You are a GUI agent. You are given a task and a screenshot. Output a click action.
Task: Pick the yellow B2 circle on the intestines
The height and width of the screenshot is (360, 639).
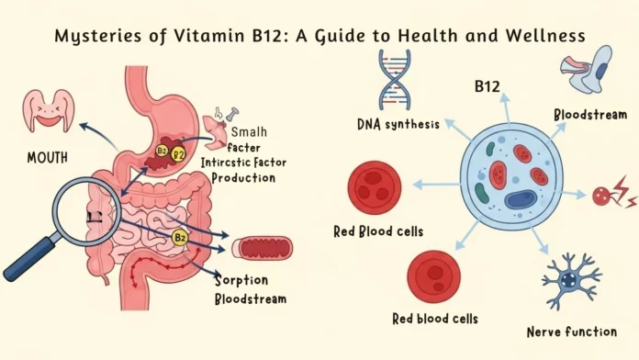182,237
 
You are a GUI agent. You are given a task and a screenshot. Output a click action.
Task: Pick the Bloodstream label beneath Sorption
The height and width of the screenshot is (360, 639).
250,299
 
